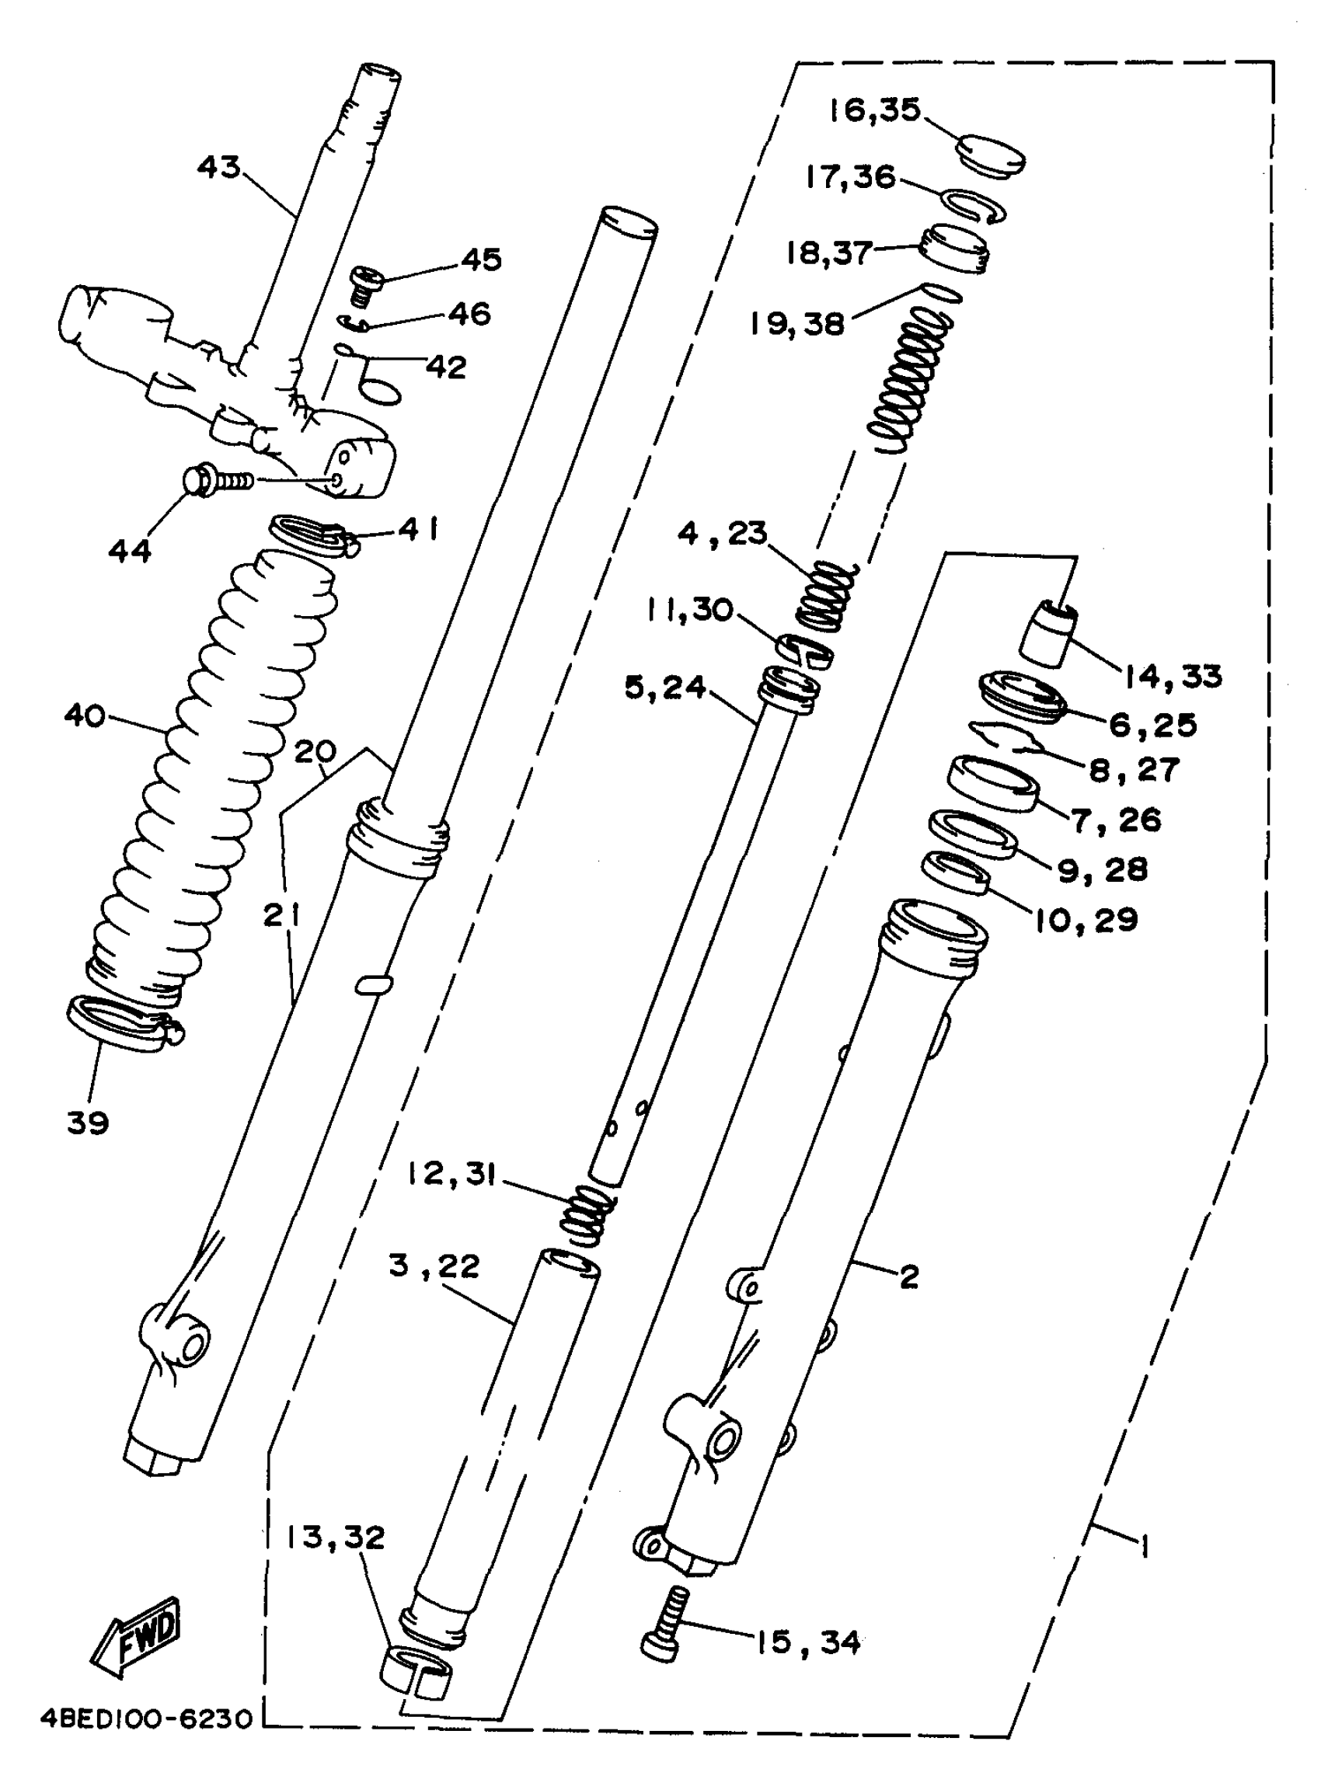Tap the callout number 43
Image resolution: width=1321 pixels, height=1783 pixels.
218,167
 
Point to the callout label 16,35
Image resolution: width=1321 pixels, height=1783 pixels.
874,110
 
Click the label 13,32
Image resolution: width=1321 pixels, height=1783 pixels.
336,1537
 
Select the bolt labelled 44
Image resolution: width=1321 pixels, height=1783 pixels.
216,482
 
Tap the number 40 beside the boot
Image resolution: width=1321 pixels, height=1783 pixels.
85,714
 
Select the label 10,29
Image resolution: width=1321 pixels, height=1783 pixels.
1086,921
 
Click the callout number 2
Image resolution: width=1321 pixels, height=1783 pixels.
909,1277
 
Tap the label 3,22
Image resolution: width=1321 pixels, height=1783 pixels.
434,1266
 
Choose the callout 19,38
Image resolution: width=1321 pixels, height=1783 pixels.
796,324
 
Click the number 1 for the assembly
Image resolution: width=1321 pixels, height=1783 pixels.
1145,1548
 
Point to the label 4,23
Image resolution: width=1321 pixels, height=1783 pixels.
722,532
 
